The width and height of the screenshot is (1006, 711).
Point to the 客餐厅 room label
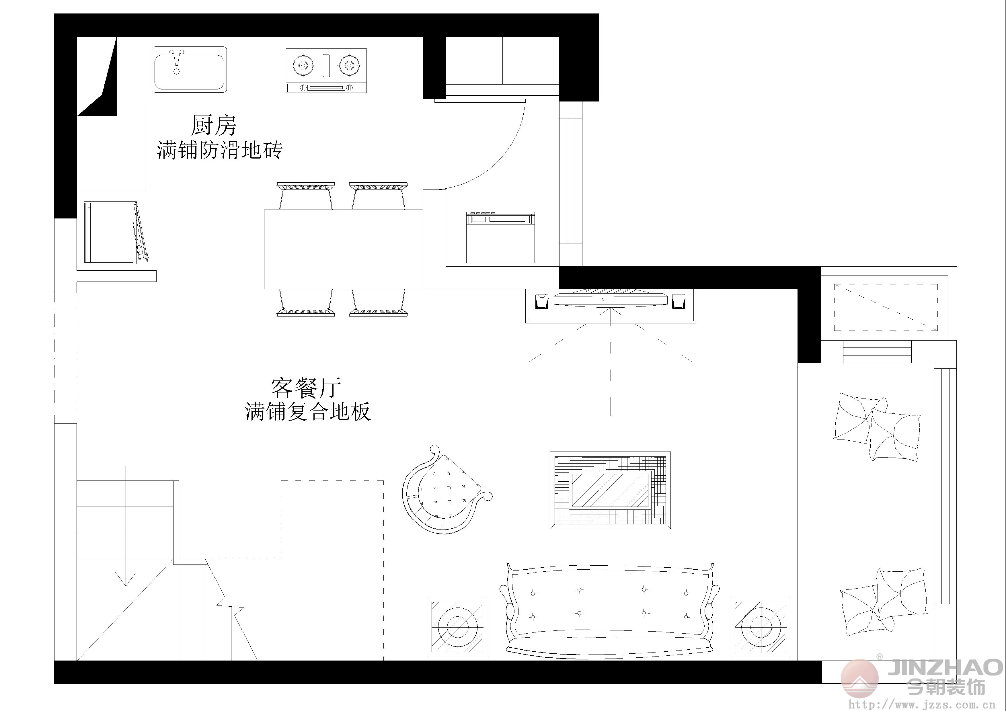[x=306, y=388]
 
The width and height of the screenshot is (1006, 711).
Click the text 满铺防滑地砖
[x=219, y=150]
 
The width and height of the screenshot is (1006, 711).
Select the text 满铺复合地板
[x=308, y=411]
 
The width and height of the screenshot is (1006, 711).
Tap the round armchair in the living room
[x=445, y=489]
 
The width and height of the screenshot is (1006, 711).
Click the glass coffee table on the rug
[x=610, y=490]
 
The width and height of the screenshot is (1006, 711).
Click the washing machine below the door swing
[x=500, y=237]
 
